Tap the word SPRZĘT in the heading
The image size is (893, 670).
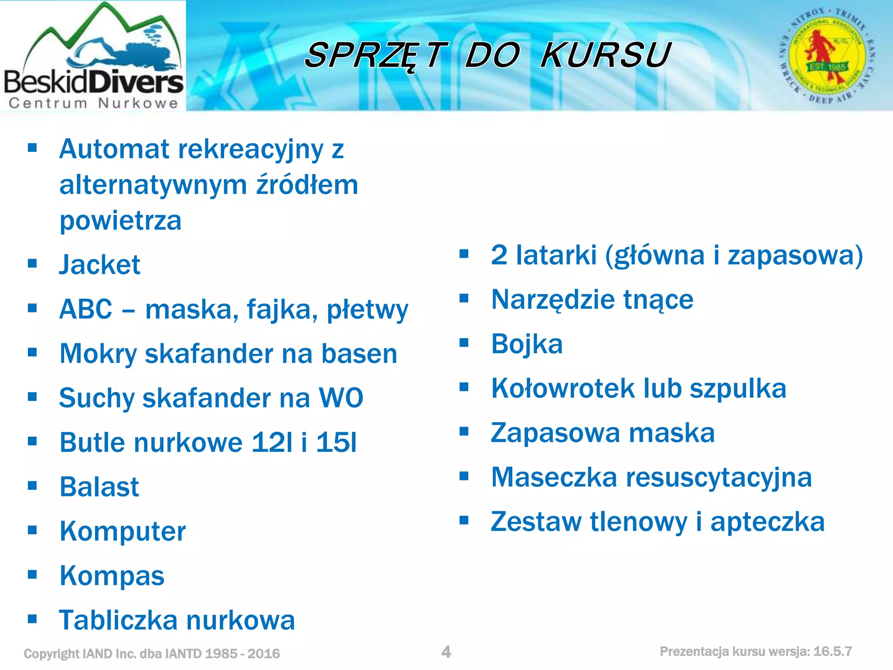click(x=376, y=55)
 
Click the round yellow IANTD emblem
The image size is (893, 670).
click(x=827, y=55)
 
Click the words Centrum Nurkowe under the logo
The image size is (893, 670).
click(x=93, y=103)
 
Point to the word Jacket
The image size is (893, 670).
click(x=100, y=265)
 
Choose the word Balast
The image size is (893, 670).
click(x=99, y=487)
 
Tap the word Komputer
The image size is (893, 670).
click(x=123, y=531)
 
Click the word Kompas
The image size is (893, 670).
click(x=112, y=576)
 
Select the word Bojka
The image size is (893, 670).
click(x=527, y=344)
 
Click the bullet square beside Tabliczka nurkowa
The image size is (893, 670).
click(x=32, y=619)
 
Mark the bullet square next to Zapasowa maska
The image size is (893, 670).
click(x=464, y=431)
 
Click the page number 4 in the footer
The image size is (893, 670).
click(x=446, y=652)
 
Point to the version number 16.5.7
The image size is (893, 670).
click(x=832, y=652)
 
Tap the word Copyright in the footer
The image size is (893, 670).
click(x=51, y=654)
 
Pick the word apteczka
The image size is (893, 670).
click(x=767, y=522)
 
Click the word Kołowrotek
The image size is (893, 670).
click(x=563, y=388)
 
